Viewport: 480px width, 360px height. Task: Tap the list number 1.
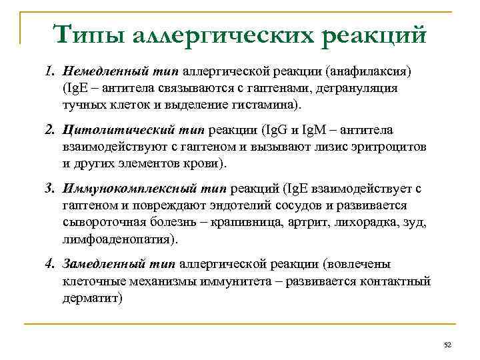(51, 71)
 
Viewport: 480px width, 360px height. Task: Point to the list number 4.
(51, 264)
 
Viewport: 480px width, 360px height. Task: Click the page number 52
(447, 345)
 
